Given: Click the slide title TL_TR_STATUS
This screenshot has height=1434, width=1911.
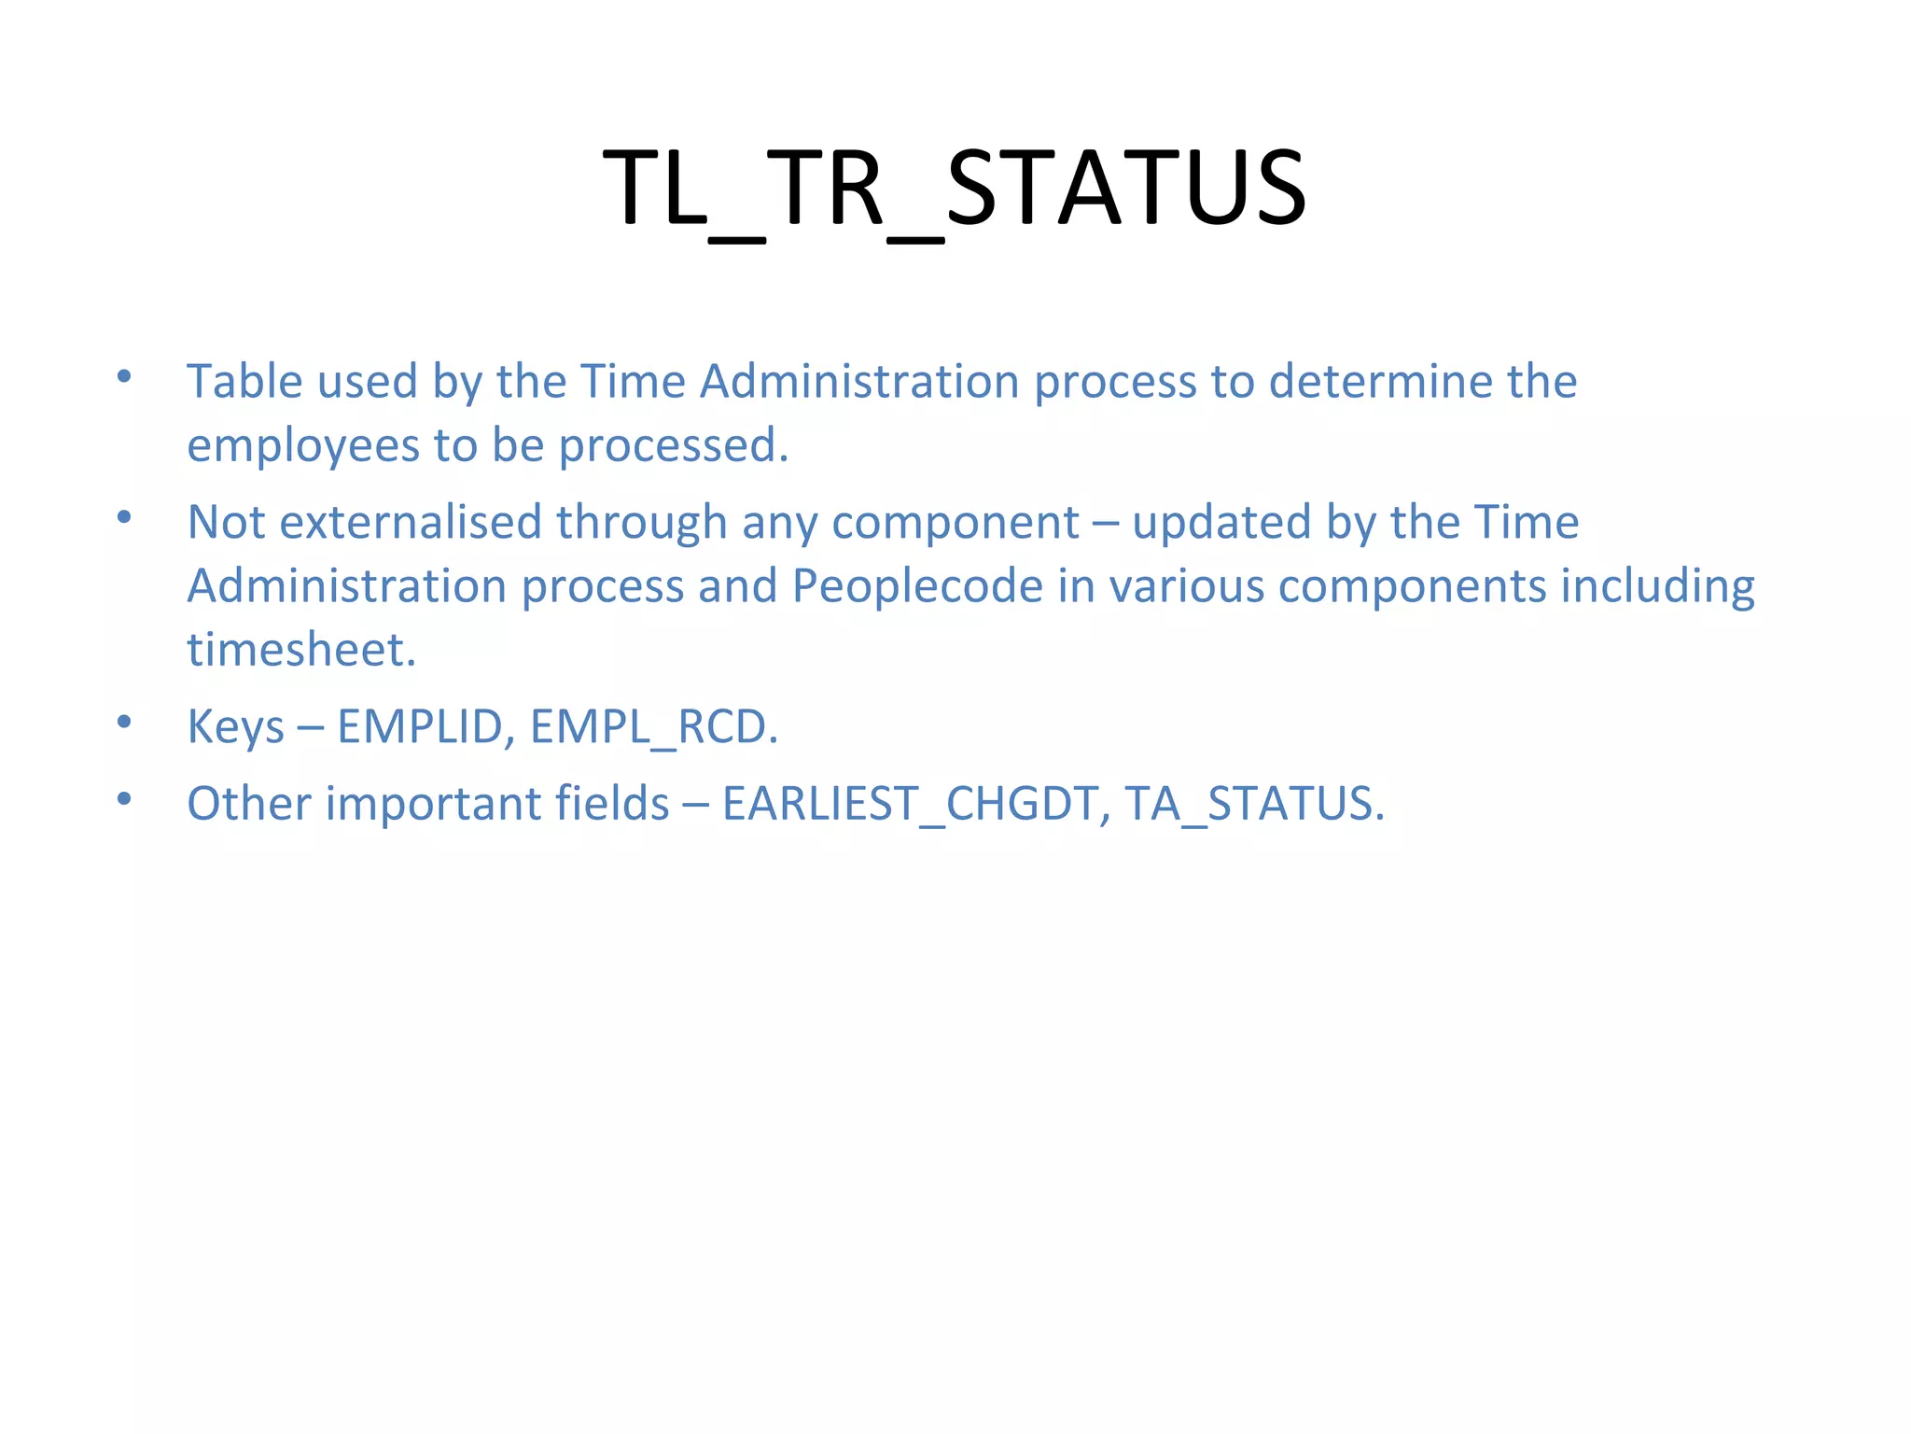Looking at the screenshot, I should tap(954, 190).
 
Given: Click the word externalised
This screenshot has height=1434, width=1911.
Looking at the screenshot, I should tap(411, 522).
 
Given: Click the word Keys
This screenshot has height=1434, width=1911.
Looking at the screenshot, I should tap(235, 727).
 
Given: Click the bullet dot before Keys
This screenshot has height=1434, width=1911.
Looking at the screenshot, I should tap(124, 721).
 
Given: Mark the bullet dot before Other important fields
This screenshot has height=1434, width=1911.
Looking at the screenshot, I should tap(124, 798).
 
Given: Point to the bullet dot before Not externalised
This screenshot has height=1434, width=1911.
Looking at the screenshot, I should tap(124, 515).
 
